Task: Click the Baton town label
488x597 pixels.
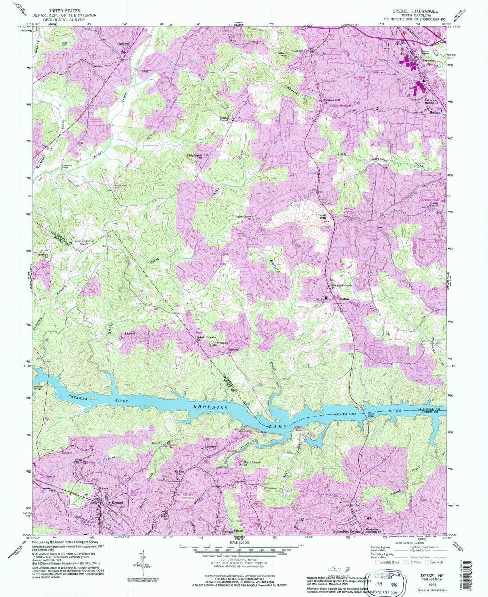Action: pos(344,299)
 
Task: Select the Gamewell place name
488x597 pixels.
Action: pos(124,44)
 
